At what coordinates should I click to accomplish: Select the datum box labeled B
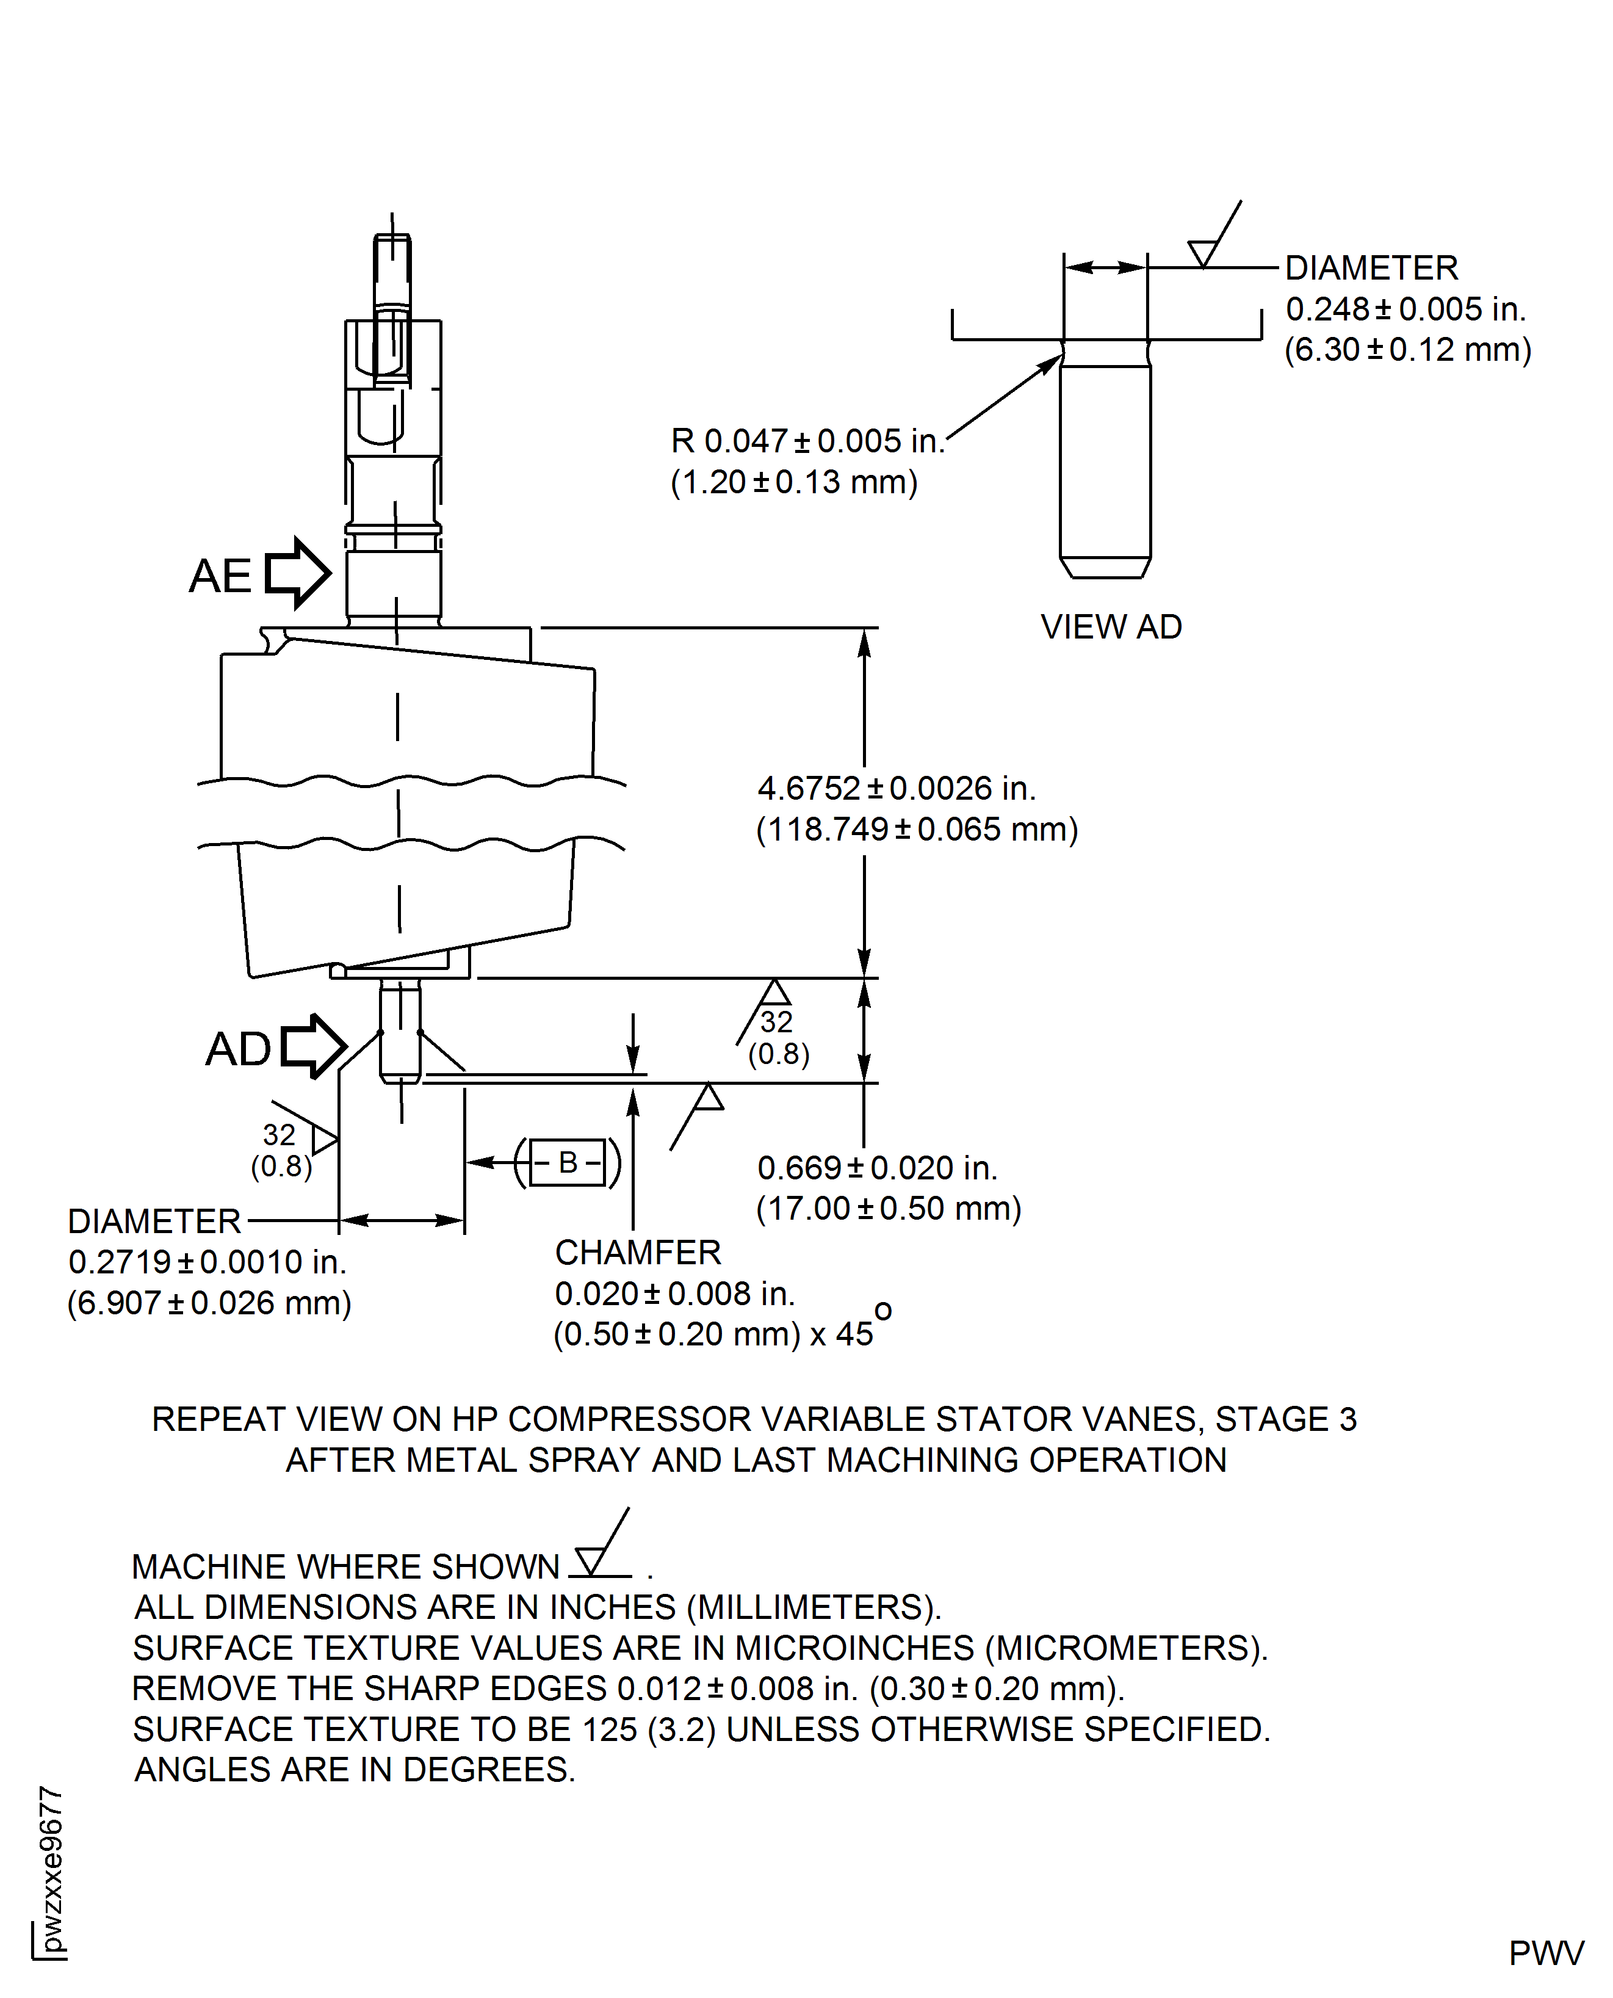tap(568, 1162)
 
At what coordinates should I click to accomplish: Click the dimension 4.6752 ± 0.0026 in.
tap(896, 788)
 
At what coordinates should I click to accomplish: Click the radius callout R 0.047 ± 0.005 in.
tap(807, 441)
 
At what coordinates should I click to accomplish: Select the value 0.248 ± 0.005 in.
tap(1405, 309)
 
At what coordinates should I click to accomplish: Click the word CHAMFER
tap(637, 1253)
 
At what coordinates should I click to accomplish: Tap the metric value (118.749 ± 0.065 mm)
tap(916, 829)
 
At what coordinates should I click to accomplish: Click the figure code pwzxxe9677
tap(52, 1868)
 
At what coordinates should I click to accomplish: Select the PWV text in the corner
tap(1545, 1953)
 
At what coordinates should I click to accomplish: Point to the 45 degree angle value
tap(855, 1334)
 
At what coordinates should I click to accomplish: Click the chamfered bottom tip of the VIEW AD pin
tap(1105, 568)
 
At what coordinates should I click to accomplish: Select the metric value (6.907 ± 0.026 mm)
tap(209, 1303)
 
